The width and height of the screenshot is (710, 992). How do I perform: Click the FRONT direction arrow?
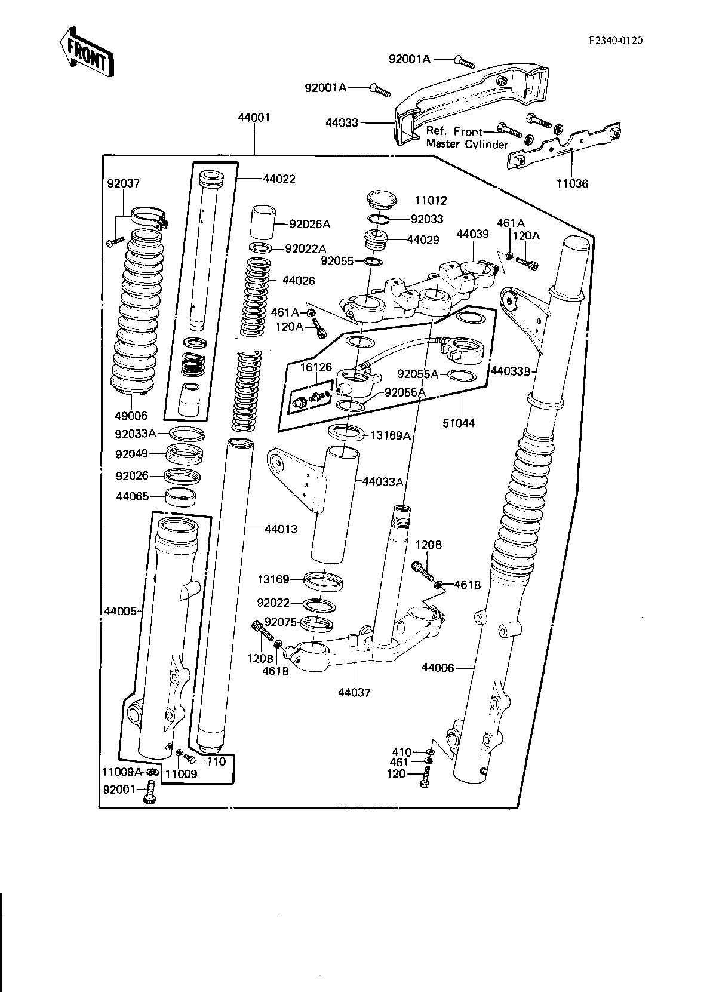(87, 52)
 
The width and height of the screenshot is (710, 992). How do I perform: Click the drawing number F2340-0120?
(616, 41)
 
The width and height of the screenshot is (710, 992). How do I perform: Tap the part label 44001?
(254, 118)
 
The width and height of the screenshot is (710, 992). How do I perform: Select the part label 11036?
(572, 183)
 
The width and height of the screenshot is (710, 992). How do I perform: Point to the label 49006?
(131, 416)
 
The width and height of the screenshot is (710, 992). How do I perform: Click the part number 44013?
(281, 529)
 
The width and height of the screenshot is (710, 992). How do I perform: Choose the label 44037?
(354, 692)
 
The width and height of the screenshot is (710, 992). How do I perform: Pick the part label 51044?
(459, 423)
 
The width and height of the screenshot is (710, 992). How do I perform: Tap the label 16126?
(316, 367)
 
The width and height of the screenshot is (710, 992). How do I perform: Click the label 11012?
(431, 201)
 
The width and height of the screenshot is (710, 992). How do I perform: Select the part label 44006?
(438, 667)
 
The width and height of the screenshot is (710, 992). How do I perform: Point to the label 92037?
(124, 183)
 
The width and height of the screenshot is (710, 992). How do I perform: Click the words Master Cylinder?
(468, 145)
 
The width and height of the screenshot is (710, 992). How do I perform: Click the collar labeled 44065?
(180, 496)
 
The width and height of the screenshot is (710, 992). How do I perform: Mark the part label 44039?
(472, 234)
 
